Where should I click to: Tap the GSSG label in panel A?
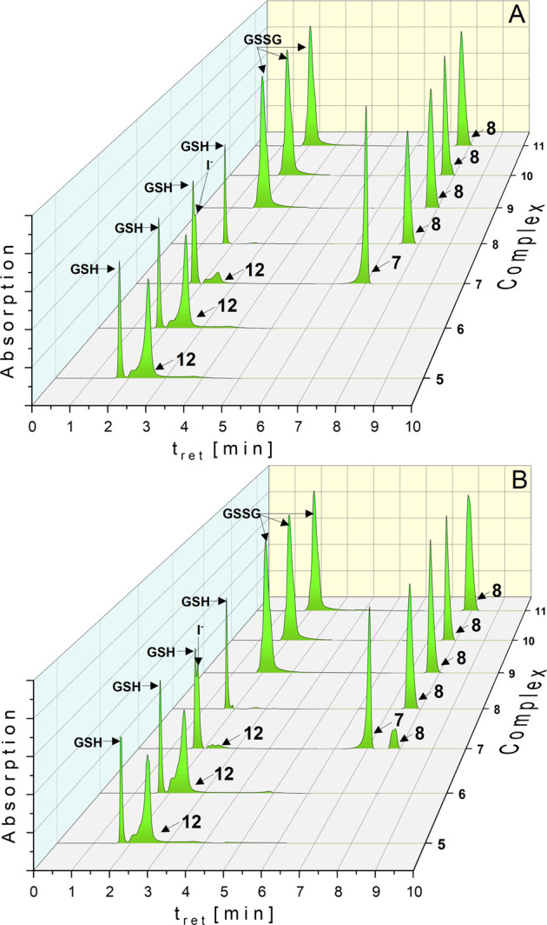point(250,38)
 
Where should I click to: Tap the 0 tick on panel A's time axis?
point(32,427)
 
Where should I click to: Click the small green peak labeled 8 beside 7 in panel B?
point(394,740)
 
